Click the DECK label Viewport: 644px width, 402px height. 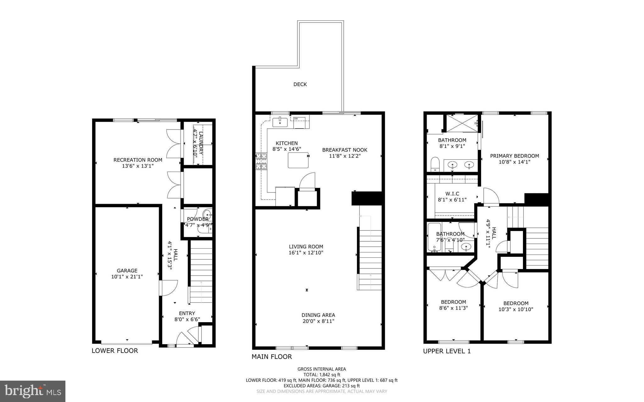click(300, 84)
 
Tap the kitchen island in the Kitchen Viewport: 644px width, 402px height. click(298, 160)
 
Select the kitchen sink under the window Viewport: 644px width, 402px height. click(280, 122)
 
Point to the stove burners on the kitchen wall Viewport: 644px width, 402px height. click(261, 161)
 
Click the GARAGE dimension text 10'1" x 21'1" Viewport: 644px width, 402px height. click(127, 277)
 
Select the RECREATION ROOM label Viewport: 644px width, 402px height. click(138, 160)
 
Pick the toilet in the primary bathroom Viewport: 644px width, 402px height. click(435, 164)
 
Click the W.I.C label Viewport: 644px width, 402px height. click(452, 194)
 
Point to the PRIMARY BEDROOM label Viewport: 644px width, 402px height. click(514, 156)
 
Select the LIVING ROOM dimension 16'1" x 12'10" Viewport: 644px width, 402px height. click(306, 253)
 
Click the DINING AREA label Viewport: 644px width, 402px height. click(318, 315)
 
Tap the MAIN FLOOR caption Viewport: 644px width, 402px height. click(272, 356)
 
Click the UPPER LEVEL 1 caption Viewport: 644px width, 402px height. click(447, 351)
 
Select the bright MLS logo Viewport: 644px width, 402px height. click(33, 391)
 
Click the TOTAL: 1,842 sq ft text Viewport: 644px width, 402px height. click(322, 375)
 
